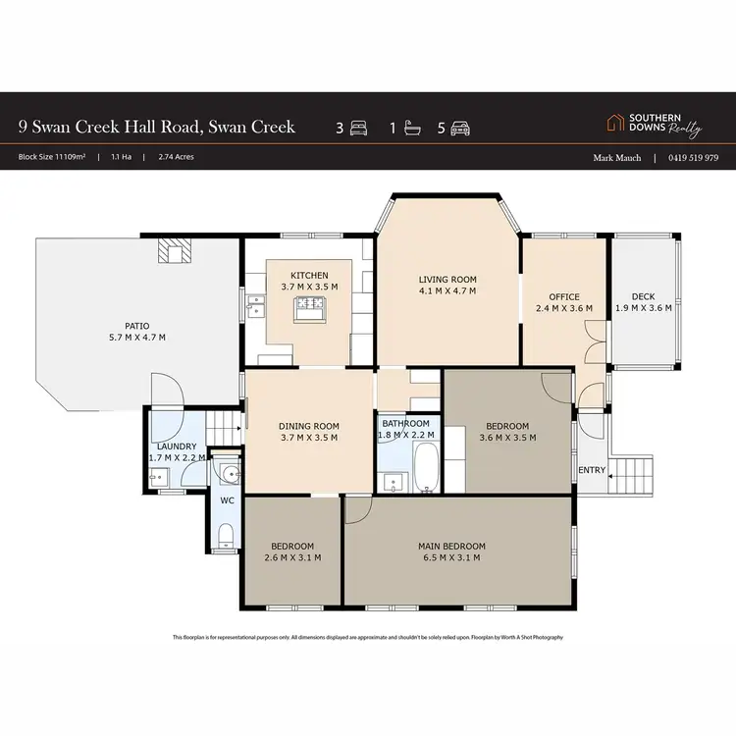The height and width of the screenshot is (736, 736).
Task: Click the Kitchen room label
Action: pyautogui.click(x=309, y=275)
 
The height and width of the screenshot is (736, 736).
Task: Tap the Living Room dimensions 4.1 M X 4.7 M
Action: pyautogui.click(x=447, y=290)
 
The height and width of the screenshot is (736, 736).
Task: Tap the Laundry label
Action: pyautogui.click(x=177, y=447)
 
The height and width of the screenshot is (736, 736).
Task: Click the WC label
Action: pyautogui.click(x=226, y=500)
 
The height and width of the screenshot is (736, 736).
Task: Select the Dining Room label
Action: pyautogui.click(x=308, y=426)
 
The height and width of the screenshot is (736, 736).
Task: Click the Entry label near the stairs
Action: pyautogui.click(x=592, y=471)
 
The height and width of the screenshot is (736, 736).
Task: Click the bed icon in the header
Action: pyautogui.click(x=359, y=128)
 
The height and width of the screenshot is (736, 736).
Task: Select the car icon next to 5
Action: pyautogui.click(x=460, y=128)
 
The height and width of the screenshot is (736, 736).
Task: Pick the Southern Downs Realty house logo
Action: pyautogui.click(x=615, y=123)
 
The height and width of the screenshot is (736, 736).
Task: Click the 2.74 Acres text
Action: pyautogui.click(x=176, y=157)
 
